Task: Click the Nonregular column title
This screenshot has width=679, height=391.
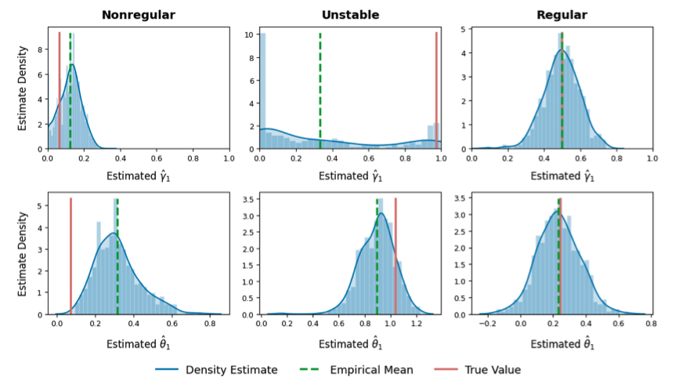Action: click(139, 14)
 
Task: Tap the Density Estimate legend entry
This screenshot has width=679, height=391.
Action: click(230, 370)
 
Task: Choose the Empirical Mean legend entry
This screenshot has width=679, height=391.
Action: click(370, 370)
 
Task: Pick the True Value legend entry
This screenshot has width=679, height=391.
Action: click(491, 370)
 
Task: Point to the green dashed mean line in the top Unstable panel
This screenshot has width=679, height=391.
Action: click(320, 86)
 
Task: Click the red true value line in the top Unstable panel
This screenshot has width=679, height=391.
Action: click(436, 86)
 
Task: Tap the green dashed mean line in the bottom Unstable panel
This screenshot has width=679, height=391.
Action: click(377, 259)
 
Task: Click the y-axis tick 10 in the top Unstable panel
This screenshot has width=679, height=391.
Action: click(247, 34)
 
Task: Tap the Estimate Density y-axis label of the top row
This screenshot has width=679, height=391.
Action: click(21, 90)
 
